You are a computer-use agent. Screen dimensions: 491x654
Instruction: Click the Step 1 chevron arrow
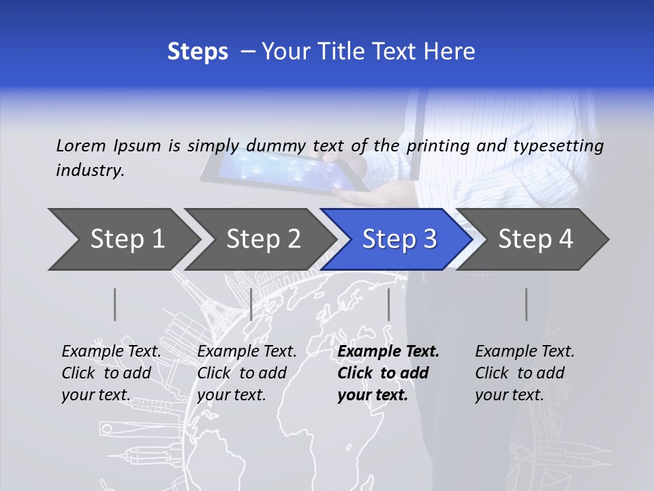click(123, 239)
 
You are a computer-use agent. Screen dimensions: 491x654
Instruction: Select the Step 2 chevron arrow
click(263, 239)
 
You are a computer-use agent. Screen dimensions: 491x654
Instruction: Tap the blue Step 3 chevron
click(399, 239)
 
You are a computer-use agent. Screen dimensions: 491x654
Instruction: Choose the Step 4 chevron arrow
click(535, 239)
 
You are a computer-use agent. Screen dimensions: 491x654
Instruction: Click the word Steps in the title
click(198, 51)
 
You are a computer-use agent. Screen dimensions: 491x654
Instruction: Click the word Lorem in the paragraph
click(81, 145)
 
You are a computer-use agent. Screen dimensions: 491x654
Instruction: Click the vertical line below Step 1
click(115, 304)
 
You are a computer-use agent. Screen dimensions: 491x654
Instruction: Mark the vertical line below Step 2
click(251, 304)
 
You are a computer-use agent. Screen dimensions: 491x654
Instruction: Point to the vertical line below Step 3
click(388, 304)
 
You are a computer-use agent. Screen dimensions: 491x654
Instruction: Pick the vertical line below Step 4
click(526, 304)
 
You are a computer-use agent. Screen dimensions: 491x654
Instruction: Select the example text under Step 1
click(110, 373)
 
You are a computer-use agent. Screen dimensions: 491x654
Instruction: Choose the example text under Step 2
click(246, 373)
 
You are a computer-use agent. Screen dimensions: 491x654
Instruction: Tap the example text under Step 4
click(524, 373)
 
